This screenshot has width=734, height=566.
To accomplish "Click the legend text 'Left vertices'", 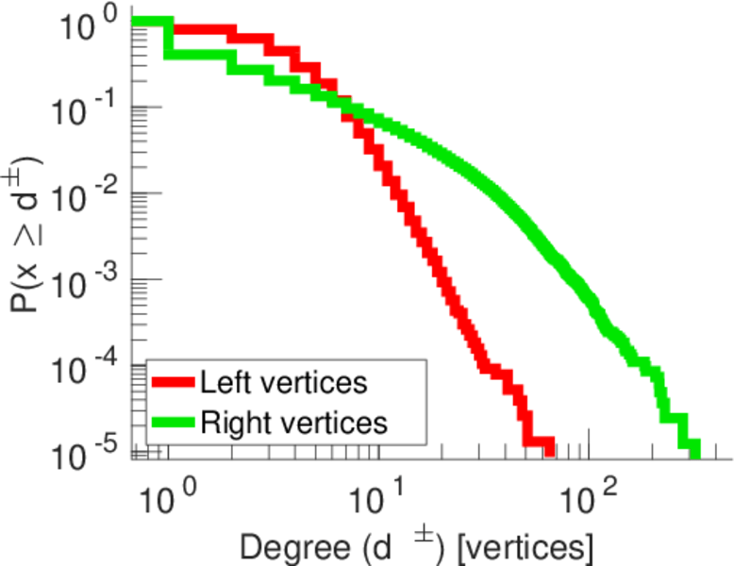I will (284, 383).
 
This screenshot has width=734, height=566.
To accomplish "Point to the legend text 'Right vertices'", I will (293, 423).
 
